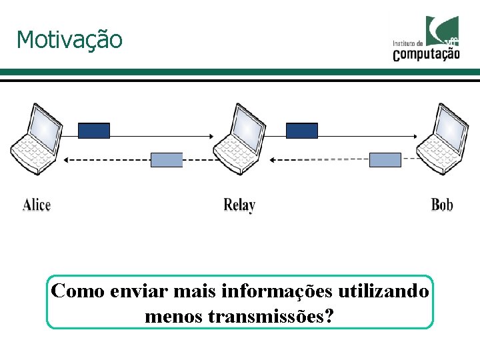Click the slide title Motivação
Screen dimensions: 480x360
click(69, 40)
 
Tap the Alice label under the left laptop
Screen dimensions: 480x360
click(37, 204)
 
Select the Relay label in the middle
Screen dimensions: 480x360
click(239, 205)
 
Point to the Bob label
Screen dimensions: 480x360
click(442, 204)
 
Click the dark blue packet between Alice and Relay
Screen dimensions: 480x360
click(94, 131)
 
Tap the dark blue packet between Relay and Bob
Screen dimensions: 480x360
click(302, 131)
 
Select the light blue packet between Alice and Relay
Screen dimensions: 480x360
click(167, 160)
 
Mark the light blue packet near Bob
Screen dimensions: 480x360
click(385, 160)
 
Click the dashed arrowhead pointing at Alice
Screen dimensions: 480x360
click(67, 160)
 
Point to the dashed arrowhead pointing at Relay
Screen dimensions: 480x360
click(273, 160)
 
